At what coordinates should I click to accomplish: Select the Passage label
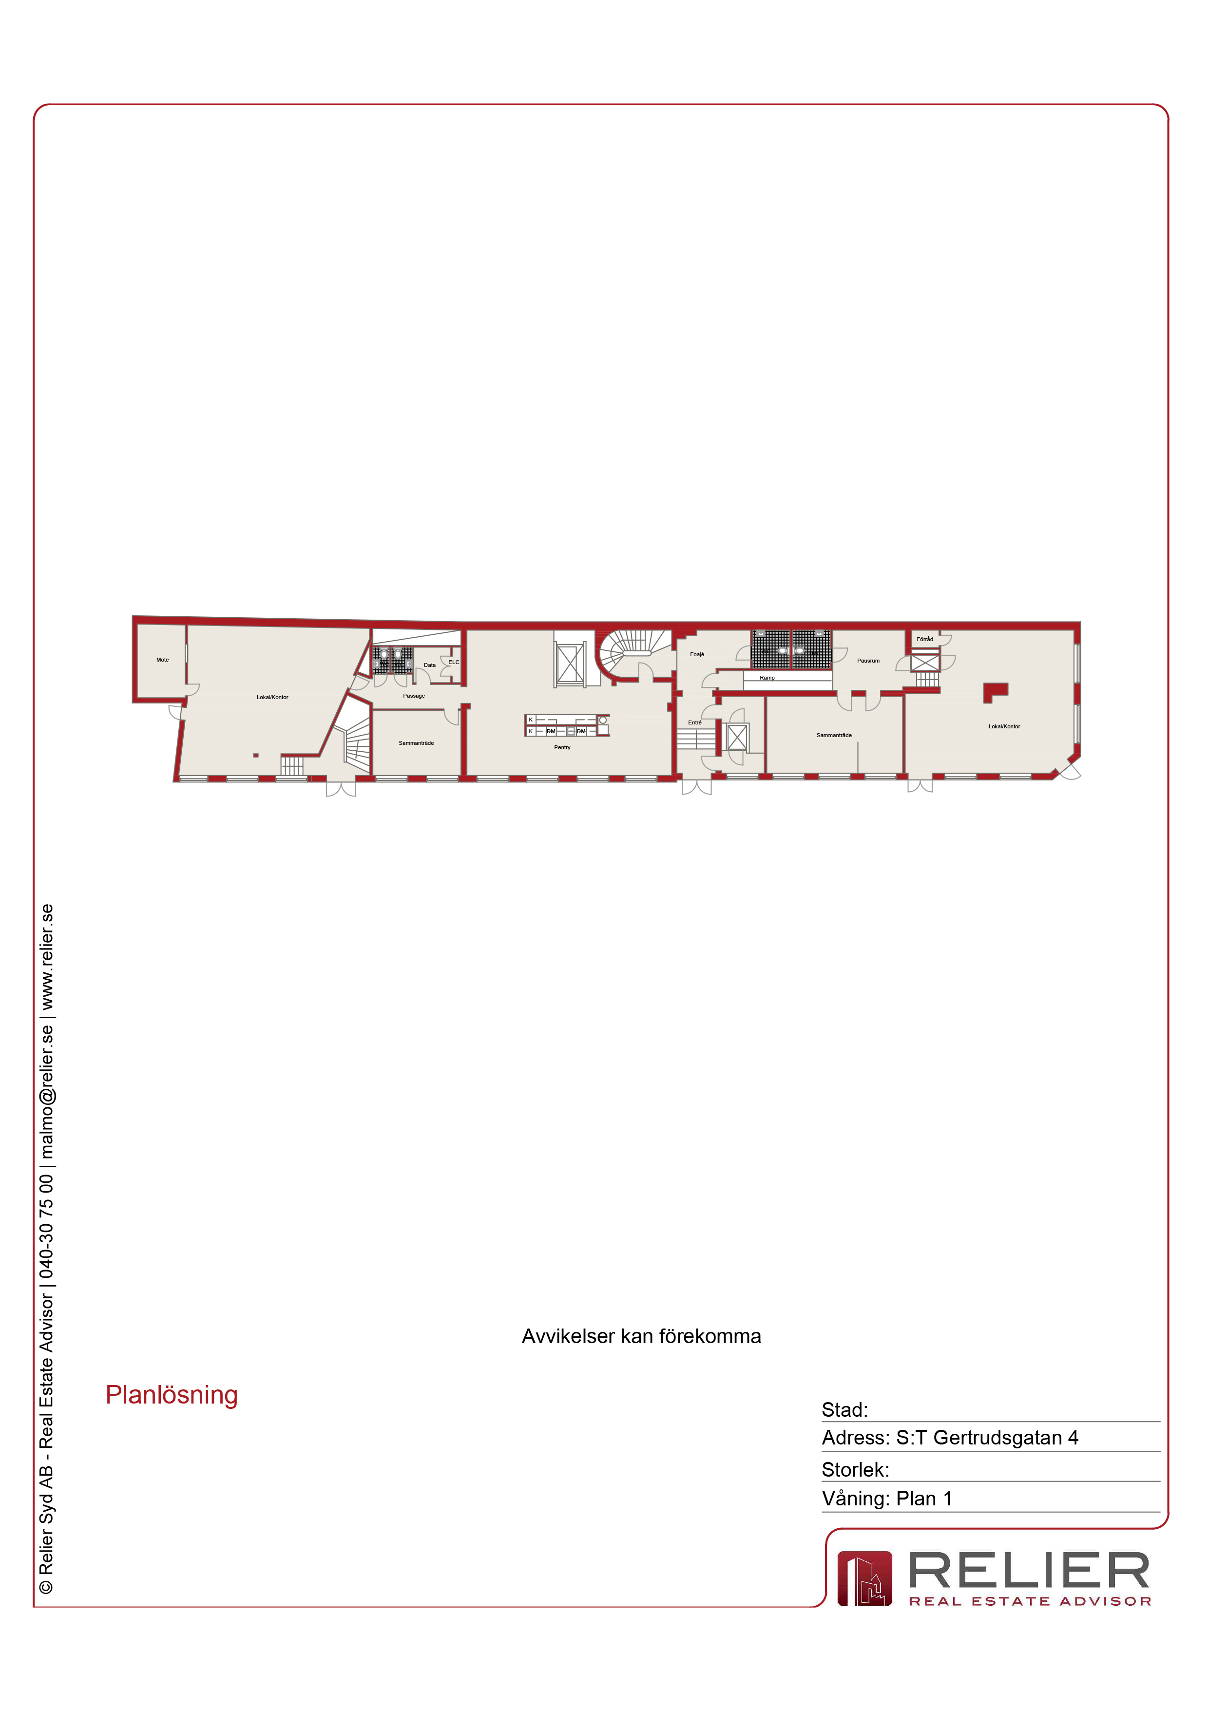(x=414, y=696)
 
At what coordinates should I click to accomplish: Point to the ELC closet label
(x=453, y=662)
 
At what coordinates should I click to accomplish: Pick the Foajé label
(x=697, y=654)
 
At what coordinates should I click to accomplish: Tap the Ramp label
(x=767, y=678)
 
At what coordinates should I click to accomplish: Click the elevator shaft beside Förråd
(x=925, y=662)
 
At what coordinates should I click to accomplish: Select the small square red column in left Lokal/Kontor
(x=256, y=756)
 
